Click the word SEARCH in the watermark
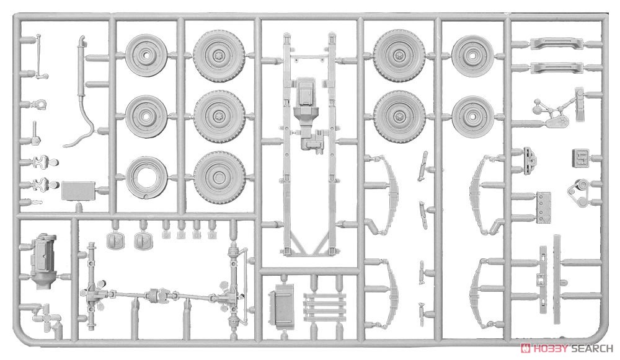(x=591, y=349)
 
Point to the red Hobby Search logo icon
(x=526, y=349)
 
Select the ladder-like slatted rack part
(x=324, y=307)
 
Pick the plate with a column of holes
(x=543, y=206)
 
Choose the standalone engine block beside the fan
(x=43, y=261)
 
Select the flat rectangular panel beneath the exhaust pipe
(x=78, y=191)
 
